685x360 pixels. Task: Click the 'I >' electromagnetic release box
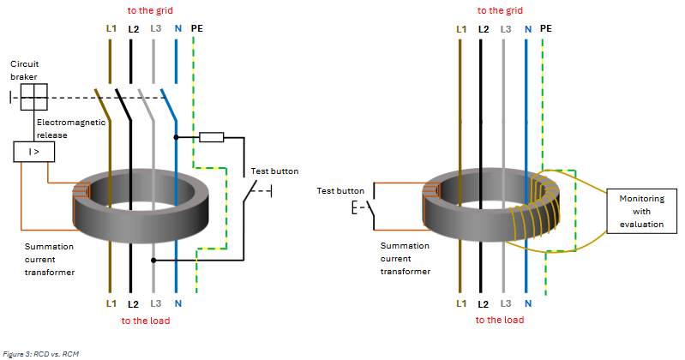[x=33, y=153]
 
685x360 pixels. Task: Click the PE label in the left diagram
[x=196, y=28]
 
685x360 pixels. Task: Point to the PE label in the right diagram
[x=545, y=28]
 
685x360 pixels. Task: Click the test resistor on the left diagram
[x=211, y=136]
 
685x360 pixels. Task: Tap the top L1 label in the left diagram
[x=110, y=28]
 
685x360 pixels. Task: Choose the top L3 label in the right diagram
[x=505, y=28]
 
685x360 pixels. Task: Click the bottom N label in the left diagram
[x=176, y=303]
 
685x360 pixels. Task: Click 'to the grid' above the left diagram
[x=153, y=10]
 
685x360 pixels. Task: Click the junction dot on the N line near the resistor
[x=176, y=136]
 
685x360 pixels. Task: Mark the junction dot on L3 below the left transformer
[x=153, y=259]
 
